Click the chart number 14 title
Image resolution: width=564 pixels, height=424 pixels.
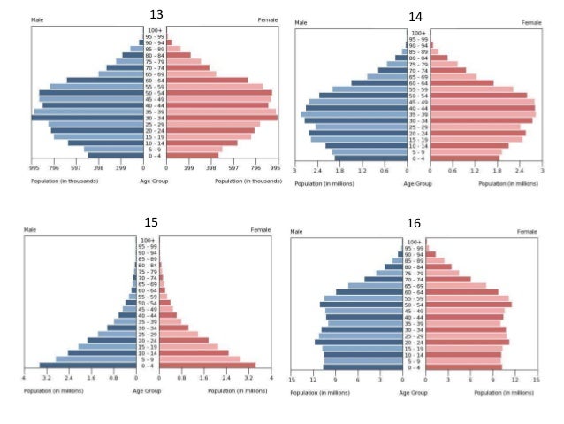pyautogui.click(x=415, y=17)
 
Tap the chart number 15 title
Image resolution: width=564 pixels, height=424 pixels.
pyautogui.click(x=151, y=222)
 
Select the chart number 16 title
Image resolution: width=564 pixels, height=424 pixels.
pyautogui.click(x=413, y=223)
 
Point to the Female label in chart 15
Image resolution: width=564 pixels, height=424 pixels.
pyautogui.click(x=260, y=229)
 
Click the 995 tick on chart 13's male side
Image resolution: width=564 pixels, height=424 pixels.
pyautogui.click(x=34, y=166)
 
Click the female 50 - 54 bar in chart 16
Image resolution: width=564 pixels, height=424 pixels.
pyautogui.click(x=469, y=305)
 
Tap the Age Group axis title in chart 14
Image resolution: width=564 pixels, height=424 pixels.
pyautogui.click(x=418, y=183)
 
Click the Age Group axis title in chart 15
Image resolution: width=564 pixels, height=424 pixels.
pyautogui.click(x=147, y=390)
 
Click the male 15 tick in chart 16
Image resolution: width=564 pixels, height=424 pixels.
pyautogui.click(x=293, y=379)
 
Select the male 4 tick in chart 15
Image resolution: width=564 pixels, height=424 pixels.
pyautogui.click(x=24, y=378)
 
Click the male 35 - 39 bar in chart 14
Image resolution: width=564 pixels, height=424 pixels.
pyautogui.click(x=354, y=114)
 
